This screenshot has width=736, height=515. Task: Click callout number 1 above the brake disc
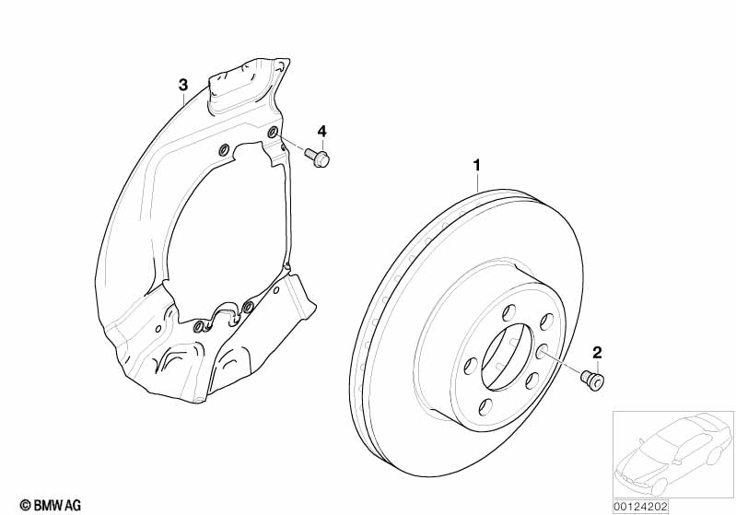(477, 165)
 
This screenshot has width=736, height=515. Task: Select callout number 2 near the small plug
(597, 352)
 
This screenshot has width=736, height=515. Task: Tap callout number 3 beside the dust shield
(183, 86)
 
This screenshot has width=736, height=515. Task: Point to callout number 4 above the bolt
(321, 131)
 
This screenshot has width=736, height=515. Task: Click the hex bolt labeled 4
(318, 158)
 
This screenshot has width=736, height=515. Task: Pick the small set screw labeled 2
(593, 380)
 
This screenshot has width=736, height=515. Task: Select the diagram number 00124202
(640, 507)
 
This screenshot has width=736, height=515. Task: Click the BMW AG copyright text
(51, 505)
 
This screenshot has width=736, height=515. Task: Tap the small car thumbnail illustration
(673, 455)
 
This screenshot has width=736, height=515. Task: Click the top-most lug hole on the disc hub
(508, 312)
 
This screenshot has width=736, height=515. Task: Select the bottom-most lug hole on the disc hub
(485, 407)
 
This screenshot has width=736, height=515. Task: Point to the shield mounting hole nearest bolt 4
(273, 134)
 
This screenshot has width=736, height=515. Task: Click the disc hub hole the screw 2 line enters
(543, 351)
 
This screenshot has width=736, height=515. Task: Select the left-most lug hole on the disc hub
(471, 367)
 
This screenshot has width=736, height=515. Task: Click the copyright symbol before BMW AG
(26, 506)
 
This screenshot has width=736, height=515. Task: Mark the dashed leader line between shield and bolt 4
(291, 144)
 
